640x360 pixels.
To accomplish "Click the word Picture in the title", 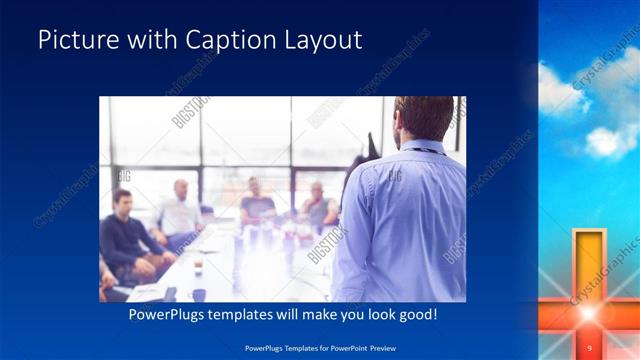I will pos(72,41).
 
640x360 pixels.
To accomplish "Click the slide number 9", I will pos(590,347).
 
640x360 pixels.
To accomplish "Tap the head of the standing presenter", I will pos(422,118).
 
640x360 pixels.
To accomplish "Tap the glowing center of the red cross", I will pos(588,313).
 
